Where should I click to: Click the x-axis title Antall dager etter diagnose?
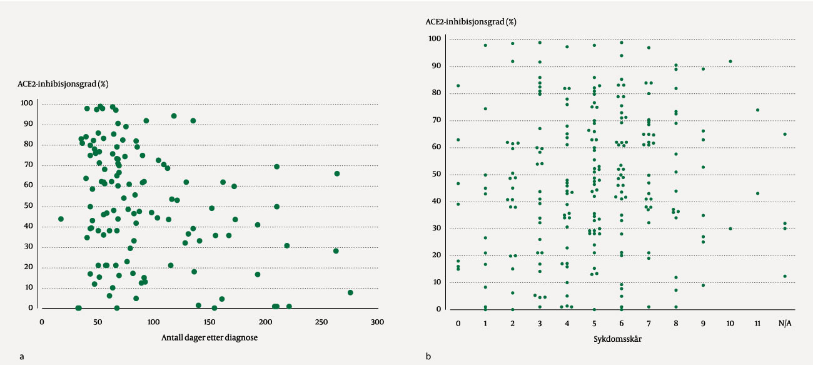(x=210, y=337)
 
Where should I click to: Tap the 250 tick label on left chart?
(x=321, y=322)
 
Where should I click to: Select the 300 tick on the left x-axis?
(x=377, y=322)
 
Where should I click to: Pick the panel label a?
(x=22, y=356)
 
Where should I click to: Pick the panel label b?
(x=428, y=356)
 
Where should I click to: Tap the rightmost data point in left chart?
(x=350, y=292)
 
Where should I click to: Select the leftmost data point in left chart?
(x=61, y=218)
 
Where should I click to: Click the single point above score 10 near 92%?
(x=730, y=61)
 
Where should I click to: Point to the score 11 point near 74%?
(x=757, y=110)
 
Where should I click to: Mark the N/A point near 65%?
(x=785, y=134)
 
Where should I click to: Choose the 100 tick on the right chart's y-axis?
(x=435, y=39)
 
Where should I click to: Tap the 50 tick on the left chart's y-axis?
(x=28, y=206)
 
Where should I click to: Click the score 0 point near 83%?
(x=458, y=86)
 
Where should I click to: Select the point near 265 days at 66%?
(x=337, y=173)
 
